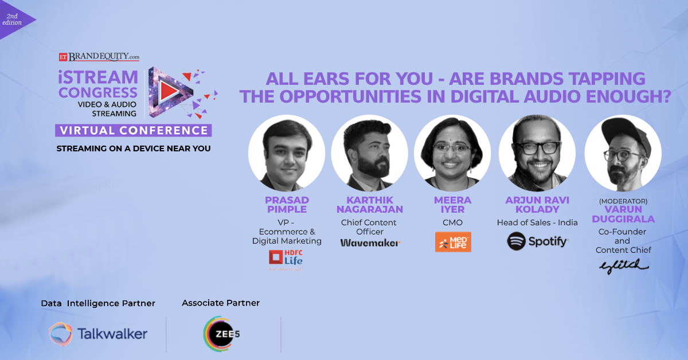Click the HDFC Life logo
pyautogui.click(x=286, y=259)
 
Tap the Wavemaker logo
pyautogui.click(x=370, y=242)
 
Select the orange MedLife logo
pyautogui.click(x=453, y=242)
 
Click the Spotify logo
pyautogui.click(x=537, y=241)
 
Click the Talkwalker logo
pyautogui.click(x=98, y=334)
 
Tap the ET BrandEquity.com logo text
pyautogui.click(x=99, y=57)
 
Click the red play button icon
pyautogui.click(x=167, y=91)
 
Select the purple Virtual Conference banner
pyautogui.click(x=134, y=130)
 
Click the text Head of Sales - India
pyautogui.click(x=537, y=222)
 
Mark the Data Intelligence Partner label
pyautogui.click(x=98, y=303)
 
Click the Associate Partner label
pyautogui.click(x=221, y=303)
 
